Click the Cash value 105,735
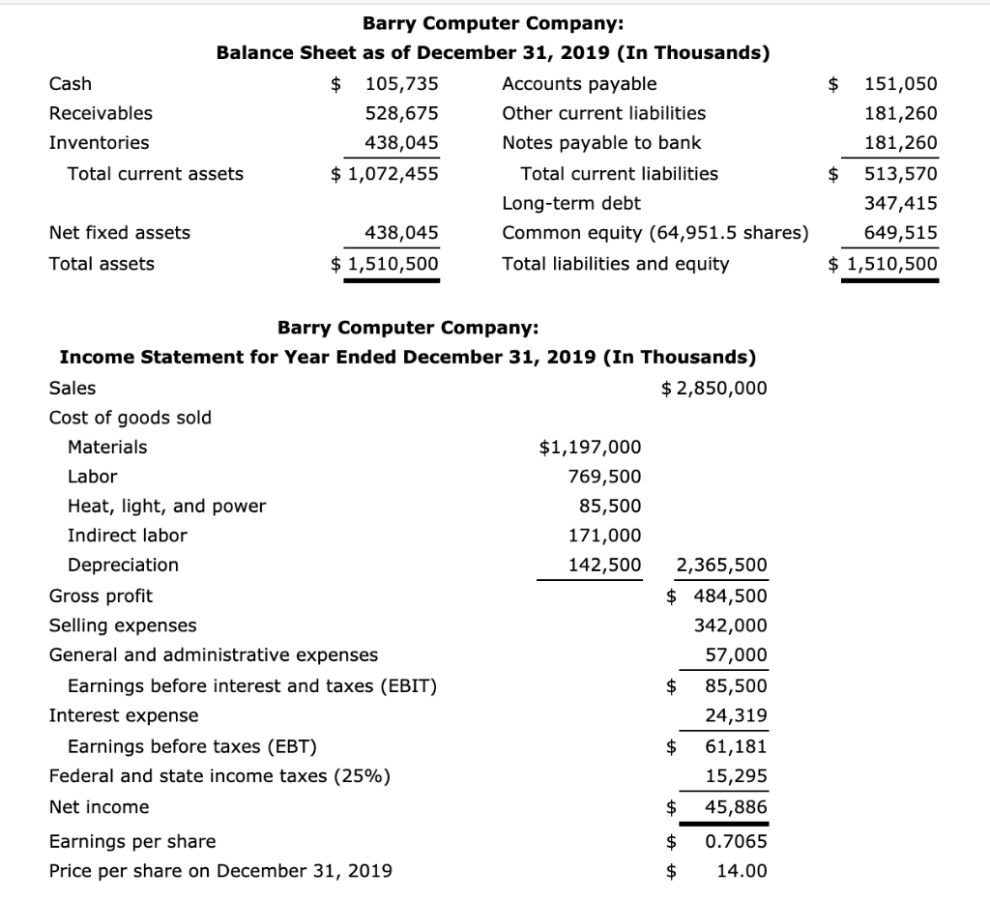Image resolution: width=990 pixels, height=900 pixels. pos(401,83)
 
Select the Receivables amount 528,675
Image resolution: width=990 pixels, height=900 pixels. pos(401,113)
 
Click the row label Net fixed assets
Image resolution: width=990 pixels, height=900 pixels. pos(120,232)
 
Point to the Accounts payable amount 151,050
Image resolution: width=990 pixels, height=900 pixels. pos(900,83)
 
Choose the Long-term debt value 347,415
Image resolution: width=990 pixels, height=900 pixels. pos(900,203)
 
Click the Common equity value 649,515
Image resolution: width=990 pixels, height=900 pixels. pos(900,233)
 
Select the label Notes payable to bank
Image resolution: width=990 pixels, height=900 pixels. pos(601,143)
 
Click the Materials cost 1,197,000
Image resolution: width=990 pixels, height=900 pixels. pos(589,447)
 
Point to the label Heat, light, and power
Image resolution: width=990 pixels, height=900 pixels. pos(166,506)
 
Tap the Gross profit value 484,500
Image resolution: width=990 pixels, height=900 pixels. pos(730,595)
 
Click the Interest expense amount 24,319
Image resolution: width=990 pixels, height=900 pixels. pos(737,715)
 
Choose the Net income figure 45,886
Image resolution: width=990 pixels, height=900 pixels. pos(737,806)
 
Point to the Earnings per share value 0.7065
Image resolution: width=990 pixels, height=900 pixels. pos(737,841)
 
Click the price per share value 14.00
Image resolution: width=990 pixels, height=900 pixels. pos(742,870)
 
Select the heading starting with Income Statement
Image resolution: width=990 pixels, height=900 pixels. pos(407,357)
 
